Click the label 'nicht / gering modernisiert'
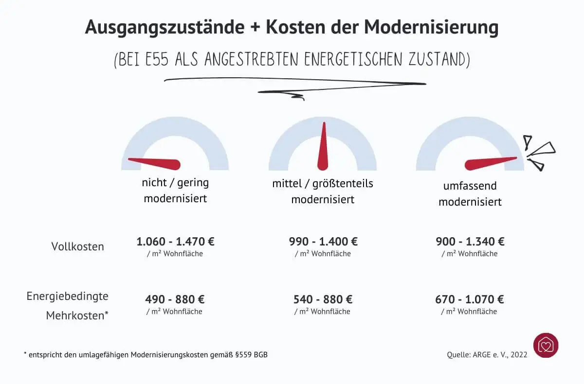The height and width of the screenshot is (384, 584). [175, 191]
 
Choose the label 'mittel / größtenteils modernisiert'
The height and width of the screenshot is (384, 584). [323, 192]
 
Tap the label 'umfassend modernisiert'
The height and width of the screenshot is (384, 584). [470, 193]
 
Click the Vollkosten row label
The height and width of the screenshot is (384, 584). [78, 246]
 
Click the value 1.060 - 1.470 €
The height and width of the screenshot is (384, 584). [175, 241]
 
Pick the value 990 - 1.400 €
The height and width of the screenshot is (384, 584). [323, 241]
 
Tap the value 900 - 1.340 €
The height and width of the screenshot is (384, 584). [470, 241]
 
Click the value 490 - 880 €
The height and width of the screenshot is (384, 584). [174, 299]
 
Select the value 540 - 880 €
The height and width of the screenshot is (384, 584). [323, 299]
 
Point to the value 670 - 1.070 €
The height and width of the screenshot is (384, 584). [469, 299]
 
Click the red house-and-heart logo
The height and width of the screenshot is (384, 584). [546, 345]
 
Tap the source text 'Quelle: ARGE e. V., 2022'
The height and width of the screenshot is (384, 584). [487, 355]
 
